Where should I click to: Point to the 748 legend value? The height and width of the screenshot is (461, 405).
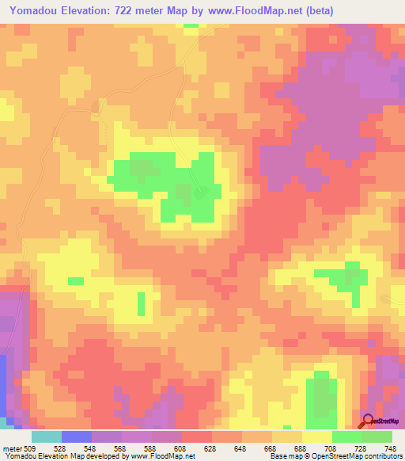pyautogui.click(x=390, y=448)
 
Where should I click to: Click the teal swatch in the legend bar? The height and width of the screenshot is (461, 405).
pyautogui.click(x=47, y=436)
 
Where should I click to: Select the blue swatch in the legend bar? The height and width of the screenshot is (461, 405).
pyautogui.click(x=77, y=436)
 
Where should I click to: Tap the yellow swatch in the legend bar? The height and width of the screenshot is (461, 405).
pyautogui.click(x=317, y=436)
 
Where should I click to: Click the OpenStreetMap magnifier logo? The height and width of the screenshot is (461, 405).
pyautogui.click(x=368, y=421)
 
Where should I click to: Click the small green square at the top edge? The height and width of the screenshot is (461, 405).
pyautogui.click(x=191, y=25)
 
